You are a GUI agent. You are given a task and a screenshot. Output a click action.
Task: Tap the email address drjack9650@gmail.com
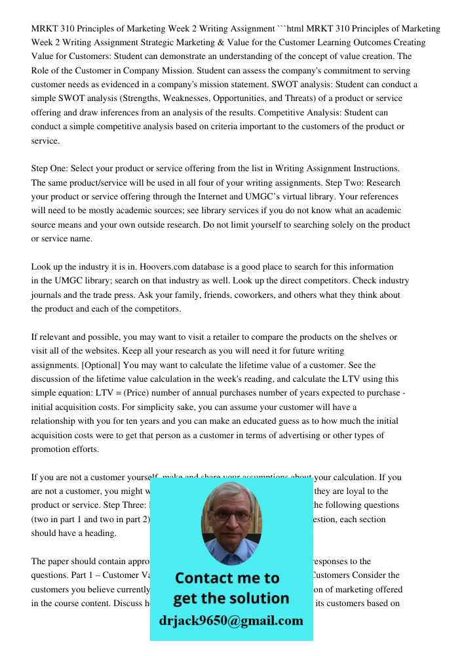point(231,620)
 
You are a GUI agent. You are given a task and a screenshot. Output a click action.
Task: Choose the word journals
point(48,295)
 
